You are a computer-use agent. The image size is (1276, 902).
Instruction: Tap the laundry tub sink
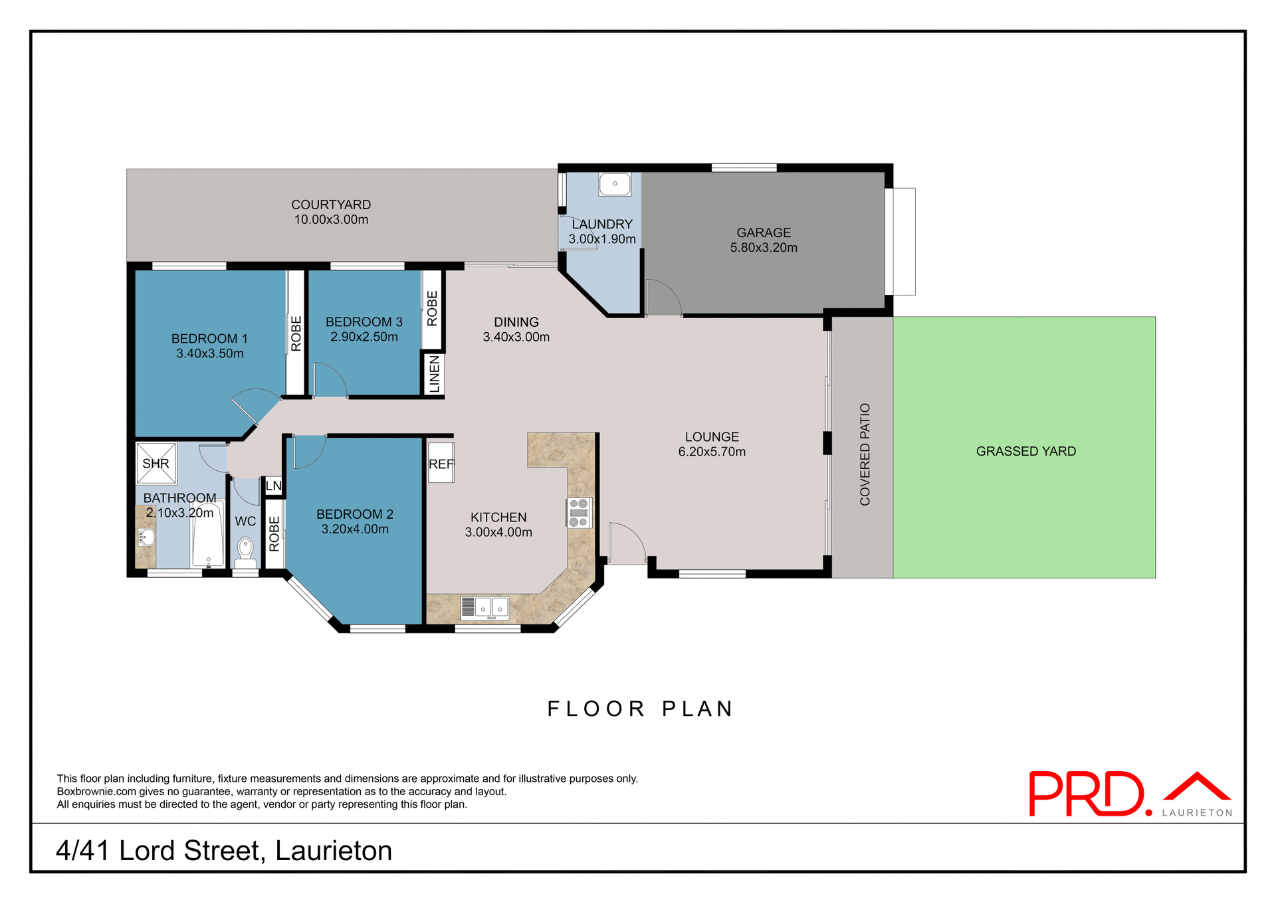(x=615, y=184)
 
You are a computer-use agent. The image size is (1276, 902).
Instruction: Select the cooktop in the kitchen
(x=579, y=513)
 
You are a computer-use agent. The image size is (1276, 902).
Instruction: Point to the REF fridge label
(x=441, y=464)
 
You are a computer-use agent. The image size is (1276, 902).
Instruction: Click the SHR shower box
(x=156, y=463)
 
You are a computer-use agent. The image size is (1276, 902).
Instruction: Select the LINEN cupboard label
(x=434, y=374)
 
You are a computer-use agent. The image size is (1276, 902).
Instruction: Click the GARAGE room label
(x=764, y=232)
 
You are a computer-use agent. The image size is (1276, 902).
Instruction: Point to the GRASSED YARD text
(x=1025, y=451)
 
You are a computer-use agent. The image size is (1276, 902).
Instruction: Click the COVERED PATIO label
(x=865, y=454)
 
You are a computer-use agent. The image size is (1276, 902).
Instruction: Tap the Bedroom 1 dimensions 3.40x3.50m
(x=209, y=354)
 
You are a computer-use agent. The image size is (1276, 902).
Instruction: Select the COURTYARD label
(x=331, y=205)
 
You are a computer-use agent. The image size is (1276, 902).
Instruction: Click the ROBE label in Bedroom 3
(x=432, y=308)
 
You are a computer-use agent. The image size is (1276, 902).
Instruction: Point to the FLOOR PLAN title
(x=640, y=709)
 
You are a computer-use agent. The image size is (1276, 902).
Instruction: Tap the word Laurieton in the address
(x=334, y=851)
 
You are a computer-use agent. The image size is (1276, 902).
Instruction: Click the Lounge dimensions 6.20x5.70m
(x=712, y=452)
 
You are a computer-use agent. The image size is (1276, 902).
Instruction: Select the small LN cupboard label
(x=273, y=486)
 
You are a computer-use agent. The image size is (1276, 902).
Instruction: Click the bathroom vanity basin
(x=145, y=537)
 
